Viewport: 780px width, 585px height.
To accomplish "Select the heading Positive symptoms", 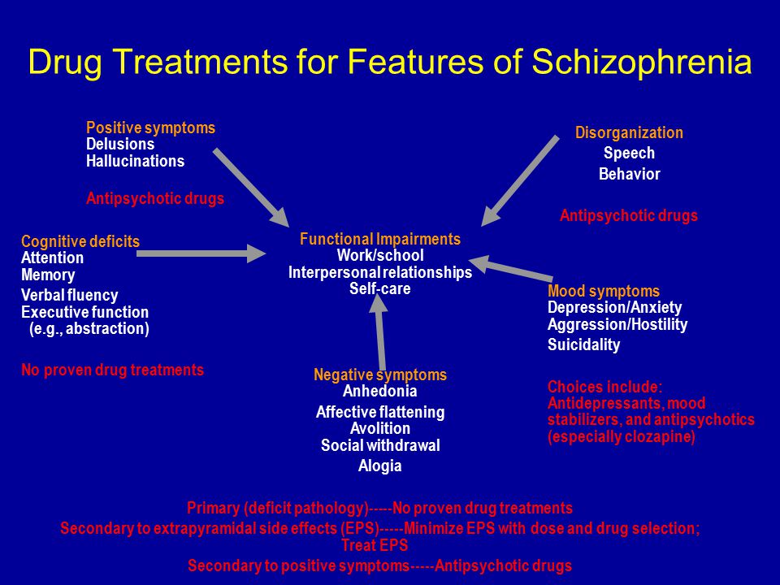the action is point(151,128).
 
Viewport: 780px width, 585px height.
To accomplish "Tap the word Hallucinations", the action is point(136,161).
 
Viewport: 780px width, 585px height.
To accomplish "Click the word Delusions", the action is point(120,145).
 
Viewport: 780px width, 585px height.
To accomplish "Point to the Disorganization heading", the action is point(629,132).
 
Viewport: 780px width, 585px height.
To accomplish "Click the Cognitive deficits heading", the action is point(80,242).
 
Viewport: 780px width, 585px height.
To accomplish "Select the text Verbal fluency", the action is point(70,295).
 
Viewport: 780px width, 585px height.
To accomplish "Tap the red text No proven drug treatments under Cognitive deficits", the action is point(112,370).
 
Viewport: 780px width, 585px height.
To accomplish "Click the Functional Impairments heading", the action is point(380,239).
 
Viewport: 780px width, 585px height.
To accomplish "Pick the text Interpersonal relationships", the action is point(380,273).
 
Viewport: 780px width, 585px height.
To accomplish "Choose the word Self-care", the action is point(380,289).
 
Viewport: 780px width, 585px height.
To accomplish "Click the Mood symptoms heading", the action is point(604,291).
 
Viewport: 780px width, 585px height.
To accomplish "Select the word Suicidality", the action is point(584,344).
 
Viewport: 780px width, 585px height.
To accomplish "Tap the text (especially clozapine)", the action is point(622,437).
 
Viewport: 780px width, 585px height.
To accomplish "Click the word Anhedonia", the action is point(380,391).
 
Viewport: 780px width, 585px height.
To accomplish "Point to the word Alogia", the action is point(380,466).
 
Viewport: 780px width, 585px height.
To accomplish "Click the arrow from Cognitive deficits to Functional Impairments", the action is point(201,253).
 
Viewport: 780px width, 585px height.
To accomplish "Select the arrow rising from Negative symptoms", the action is point(380,332).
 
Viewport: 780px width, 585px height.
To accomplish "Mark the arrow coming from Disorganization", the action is point(520,181).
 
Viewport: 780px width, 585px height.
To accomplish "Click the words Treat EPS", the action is point(375,546).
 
